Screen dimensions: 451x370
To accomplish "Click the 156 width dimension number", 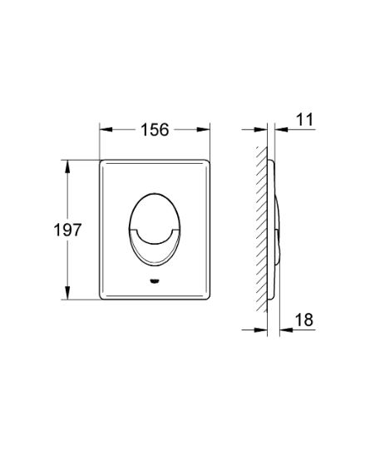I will (x=153, y=129).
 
